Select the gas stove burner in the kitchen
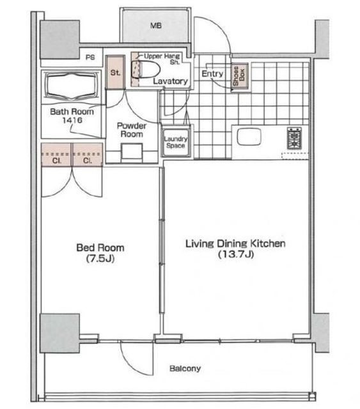(x=294, y=138)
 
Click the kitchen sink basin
(x=249, y=136)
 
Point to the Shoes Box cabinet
(x=239, y=76)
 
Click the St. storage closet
(x=115, y=72)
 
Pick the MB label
(x=156, y=26)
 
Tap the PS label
(x=90, y=58)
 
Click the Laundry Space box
(x=176, y=142)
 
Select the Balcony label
(x=185, y=368)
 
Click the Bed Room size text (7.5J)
(x=100, y=258)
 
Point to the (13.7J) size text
(x=236, y=254)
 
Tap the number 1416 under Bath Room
(x=72, y=120)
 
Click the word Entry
(x=212, y=74)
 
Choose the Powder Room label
(x=132, y=130)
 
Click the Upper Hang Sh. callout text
(x=162, y=59)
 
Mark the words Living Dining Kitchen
(x=235, y=243)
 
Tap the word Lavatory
(x=170, y=81)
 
